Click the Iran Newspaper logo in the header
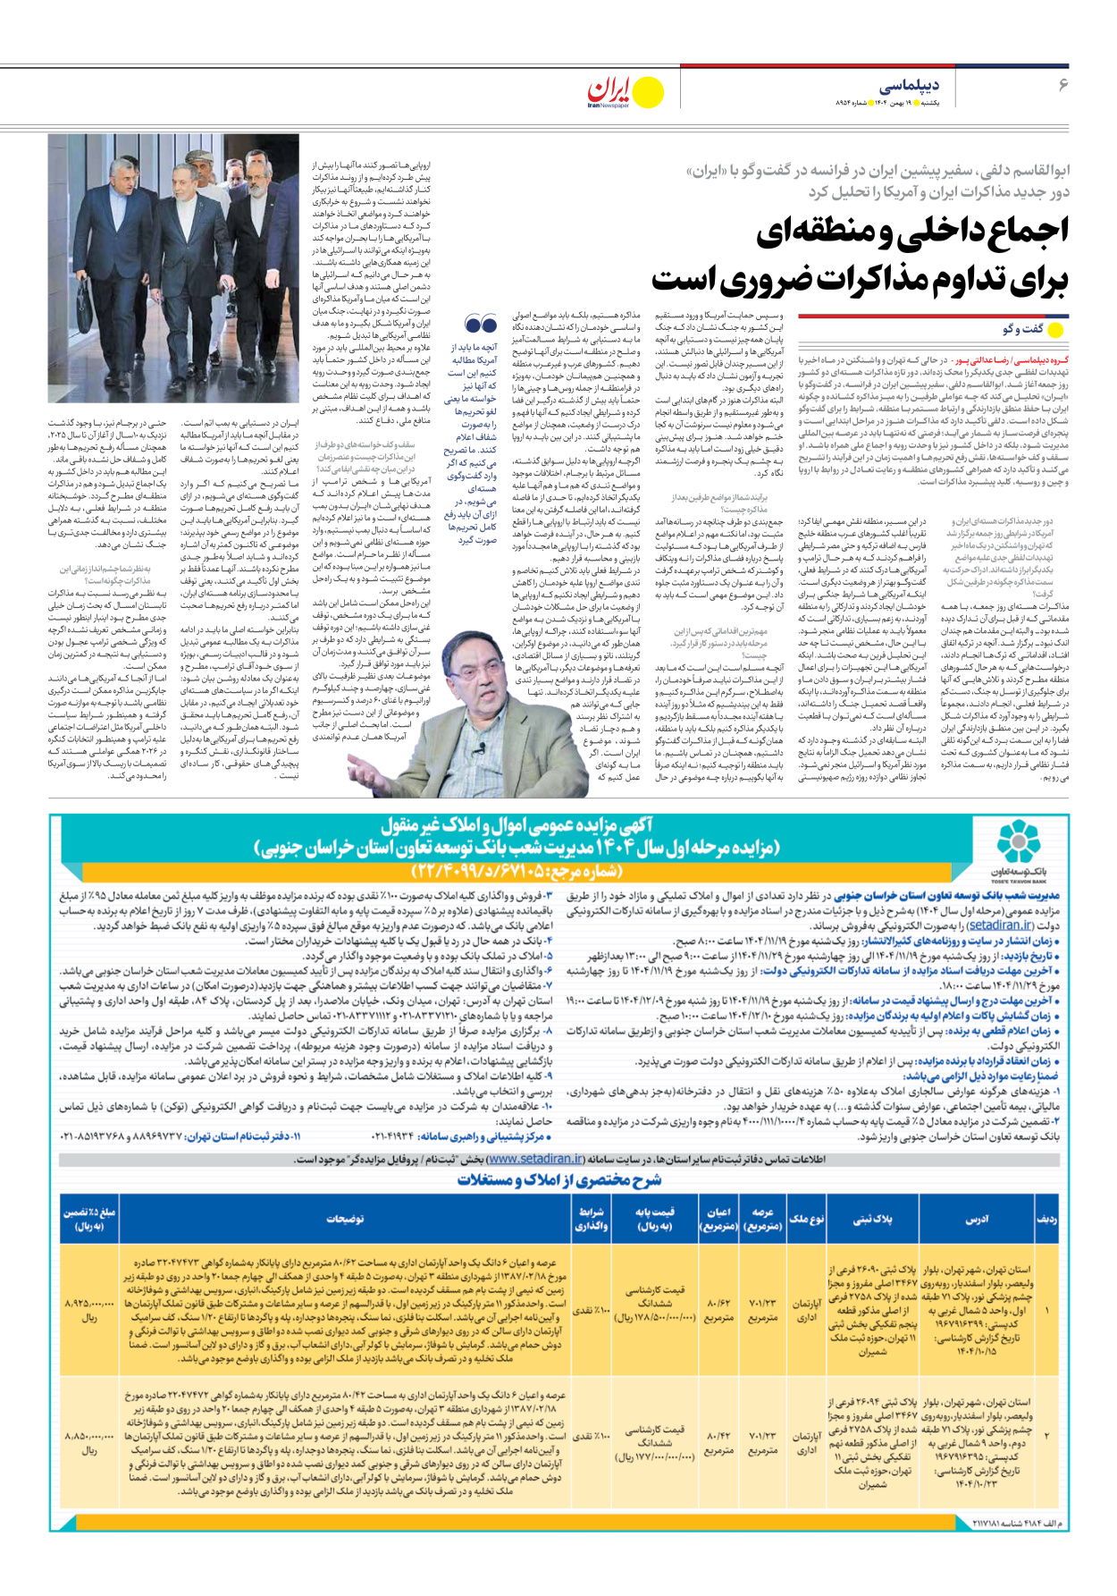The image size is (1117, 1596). [625, 91]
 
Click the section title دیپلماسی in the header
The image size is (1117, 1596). [909, 86]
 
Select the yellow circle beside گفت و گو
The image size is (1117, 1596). [1055, 329]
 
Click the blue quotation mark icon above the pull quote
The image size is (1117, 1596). [481, 324]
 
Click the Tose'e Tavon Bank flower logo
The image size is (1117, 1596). [1018, 841]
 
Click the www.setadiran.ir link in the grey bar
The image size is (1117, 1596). [535, 1160]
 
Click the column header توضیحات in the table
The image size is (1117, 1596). [345, 1219]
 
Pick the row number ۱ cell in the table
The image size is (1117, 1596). [1046, 1310]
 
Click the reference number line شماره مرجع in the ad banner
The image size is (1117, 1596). [517, 871]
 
